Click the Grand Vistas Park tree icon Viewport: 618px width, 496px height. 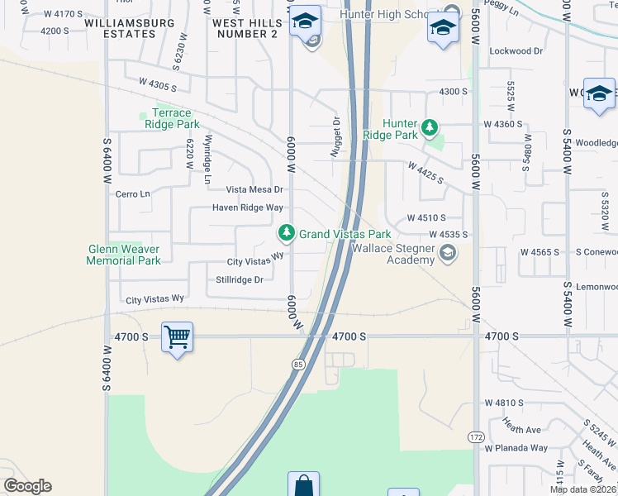tap(287, 234)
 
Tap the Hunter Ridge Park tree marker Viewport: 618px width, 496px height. tap(429, 127)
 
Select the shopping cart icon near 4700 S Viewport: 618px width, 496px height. tap(177, 337)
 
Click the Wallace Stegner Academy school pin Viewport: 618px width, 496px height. tap(448, 254)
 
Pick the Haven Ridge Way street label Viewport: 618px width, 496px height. tap(248, 207)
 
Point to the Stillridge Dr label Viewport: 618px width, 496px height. tap(239, 279)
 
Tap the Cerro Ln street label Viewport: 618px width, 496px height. tap(133, 194)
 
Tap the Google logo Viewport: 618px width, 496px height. tap(27, 486)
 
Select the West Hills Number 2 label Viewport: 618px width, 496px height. tap(245, 28)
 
